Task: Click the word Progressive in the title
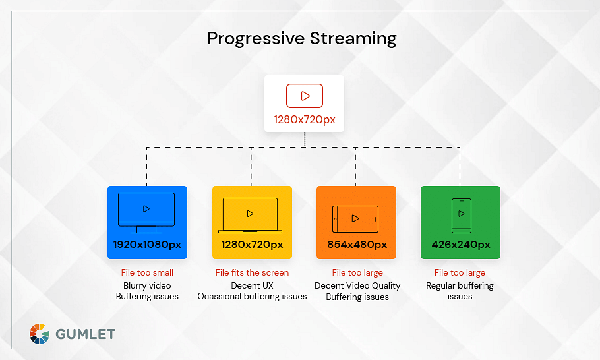256,39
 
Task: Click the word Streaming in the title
353,39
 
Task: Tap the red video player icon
305,96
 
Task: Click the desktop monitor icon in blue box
146,213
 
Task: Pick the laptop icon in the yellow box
251,216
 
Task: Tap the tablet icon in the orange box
355,219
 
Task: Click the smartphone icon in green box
462,216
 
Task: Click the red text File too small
147,272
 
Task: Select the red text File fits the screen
252,272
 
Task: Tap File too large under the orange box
357,272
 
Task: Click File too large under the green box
460,272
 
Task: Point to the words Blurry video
147,285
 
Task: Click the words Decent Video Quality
357,285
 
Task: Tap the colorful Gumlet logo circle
40,334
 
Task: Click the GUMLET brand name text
85,334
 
